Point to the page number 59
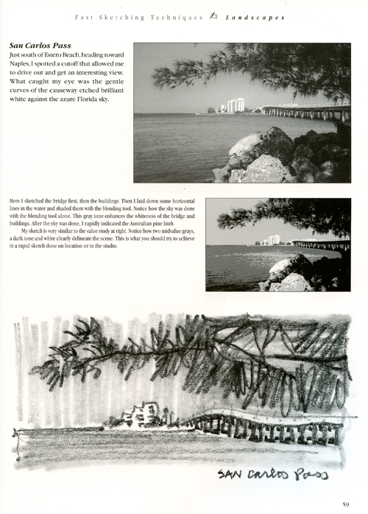(345, 504)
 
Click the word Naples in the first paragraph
(21, 65)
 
